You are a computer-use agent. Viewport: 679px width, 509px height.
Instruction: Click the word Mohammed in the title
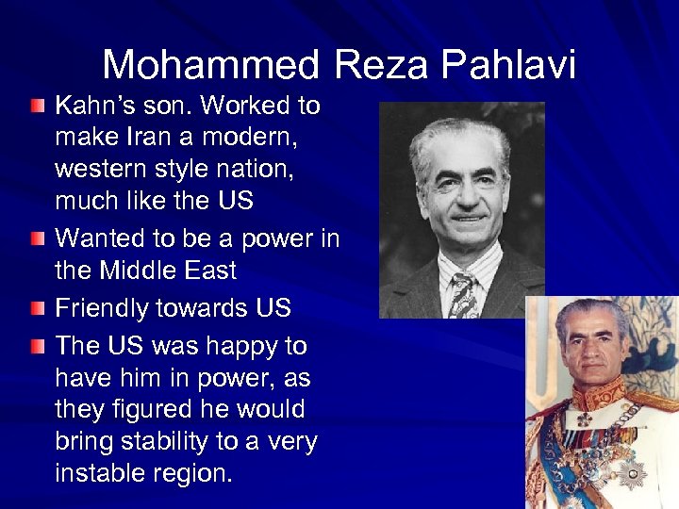[210, 65]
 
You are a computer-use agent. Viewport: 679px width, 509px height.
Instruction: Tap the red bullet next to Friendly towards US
[36, 307]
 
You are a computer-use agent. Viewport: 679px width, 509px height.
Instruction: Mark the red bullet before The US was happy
[36, 345]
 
